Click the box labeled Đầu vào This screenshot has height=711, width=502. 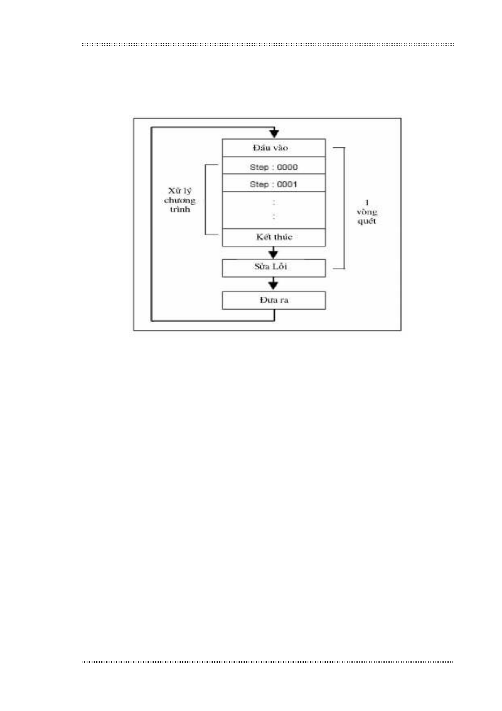pos(274,148)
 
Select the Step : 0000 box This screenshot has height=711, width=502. pos(274,167)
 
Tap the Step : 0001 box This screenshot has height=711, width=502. pos(274,184)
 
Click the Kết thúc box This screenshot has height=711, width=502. pos(274,237)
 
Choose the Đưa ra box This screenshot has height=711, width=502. pos(274,300)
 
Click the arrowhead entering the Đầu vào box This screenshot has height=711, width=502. pos(274,133)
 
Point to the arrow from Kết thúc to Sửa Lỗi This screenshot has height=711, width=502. pos(274,253)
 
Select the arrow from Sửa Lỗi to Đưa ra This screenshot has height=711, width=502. pos(274,284)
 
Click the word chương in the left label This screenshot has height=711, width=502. pos(180,200)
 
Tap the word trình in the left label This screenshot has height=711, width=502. pos(180,209)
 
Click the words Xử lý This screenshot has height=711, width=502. pos(180,191)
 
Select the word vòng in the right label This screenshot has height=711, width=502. pos(366,212)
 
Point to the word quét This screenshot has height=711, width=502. pos(366,221)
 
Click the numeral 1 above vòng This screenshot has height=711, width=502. pos(366,203)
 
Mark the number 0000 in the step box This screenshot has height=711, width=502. pos(287,167)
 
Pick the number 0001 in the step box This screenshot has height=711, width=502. pos(287,184)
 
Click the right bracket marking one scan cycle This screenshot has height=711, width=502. pos(344,208)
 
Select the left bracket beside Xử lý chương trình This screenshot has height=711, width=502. pos(206,199)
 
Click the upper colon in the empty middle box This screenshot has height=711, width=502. pos(274,203)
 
